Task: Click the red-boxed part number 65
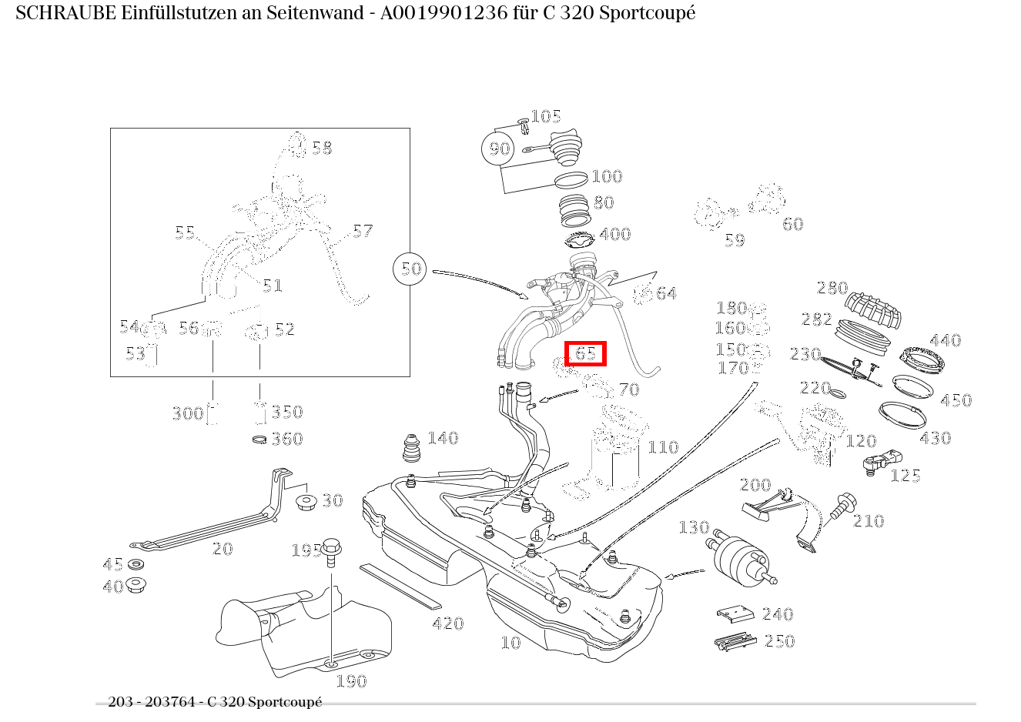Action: click(x=585, y=353)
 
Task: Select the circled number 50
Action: click(x=411, y=269)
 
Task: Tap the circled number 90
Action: click(x=500, y=148)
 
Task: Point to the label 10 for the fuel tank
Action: click(x=510, y=643)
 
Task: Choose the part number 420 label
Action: click(x=447, y=623)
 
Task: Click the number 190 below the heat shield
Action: click(x=351, y=681)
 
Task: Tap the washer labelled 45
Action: click(x=136, y=565)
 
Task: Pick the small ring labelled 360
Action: click(x=260, y=440)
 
